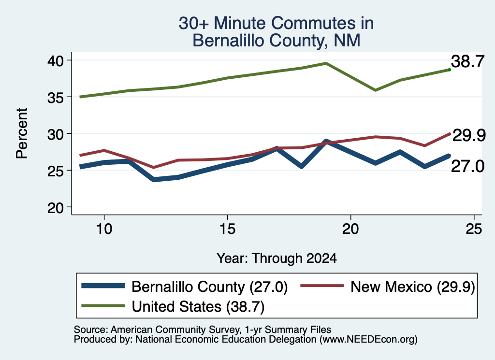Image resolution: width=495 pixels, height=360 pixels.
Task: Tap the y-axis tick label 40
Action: click(x=56, y=60)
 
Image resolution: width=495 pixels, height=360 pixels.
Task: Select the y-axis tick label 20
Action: click(x=56, y=208)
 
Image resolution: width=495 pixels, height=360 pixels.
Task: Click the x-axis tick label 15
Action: click(x=227, y=229)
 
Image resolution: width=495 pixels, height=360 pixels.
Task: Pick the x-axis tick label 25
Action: click(x=474, y=229)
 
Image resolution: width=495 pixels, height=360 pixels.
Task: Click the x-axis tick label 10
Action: click(x=104, y=229)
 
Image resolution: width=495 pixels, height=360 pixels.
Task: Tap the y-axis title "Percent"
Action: click(x=22, y=133)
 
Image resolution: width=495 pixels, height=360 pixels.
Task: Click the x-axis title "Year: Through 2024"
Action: click(x=277, y=258)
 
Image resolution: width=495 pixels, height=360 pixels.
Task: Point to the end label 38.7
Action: click(x=467, y=61)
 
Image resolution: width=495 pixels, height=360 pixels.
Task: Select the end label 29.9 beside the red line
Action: click(x=469, y=136)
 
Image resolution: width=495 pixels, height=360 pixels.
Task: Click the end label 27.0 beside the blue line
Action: click(x=467, y=166)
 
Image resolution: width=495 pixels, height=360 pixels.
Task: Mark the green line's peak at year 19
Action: click(x=326, y=63)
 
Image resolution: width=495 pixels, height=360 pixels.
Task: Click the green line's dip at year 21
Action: click(x=375, y=90)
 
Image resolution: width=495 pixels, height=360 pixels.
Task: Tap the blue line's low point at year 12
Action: click(x=154, y=180)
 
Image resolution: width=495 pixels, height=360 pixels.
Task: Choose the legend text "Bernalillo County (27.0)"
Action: click(x=210, y=287)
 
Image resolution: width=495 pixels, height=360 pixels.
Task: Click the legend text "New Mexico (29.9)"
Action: click(x=413, y=287)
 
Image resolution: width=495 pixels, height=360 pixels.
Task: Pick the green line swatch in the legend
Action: click(x=103, y=306)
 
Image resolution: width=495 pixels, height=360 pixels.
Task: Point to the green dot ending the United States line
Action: click(x=450, y=70)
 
